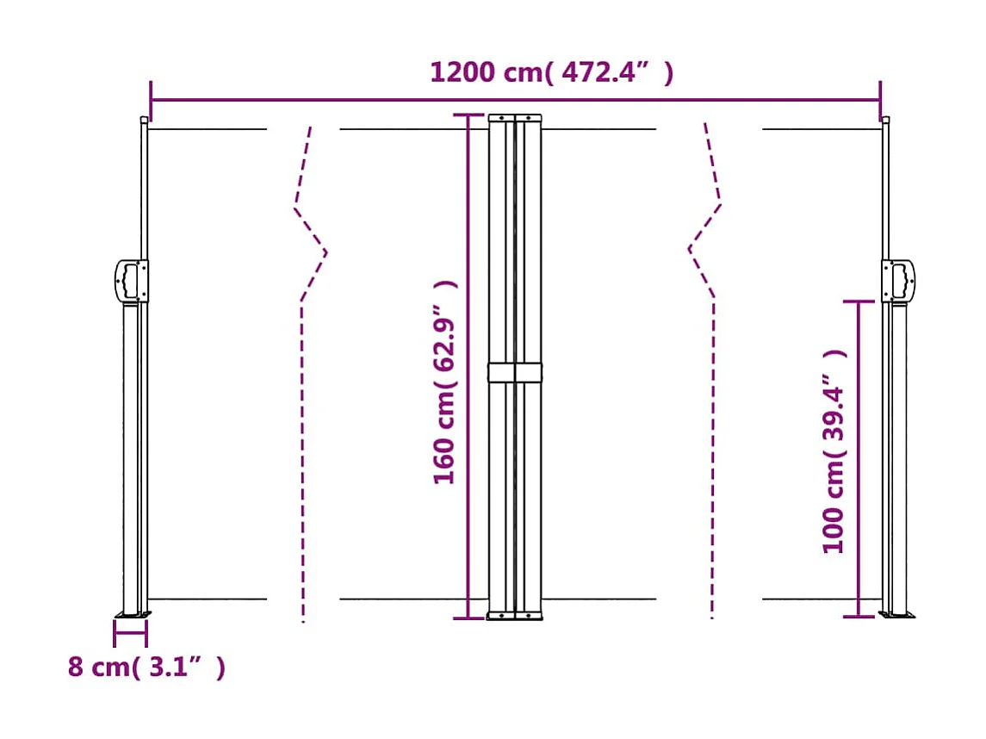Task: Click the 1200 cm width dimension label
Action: pyautogui.click(x=551, y=72)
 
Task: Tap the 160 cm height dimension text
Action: pyautogui.click(x=445, y=382)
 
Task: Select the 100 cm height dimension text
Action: pyautogui.click(x=834, y=450)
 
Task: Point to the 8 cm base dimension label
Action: pyautogui.click(x=146, y=667)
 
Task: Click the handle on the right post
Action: pyautogui.click(x=899, y=281)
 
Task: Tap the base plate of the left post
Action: pyautogui.click(x=133, y=615)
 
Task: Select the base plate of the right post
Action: pyautogui.click(x=897, y=615)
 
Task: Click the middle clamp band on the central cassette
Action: pyautogui.click(x=515, y=372)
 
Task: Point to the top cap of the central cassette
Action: pyautogui.click(x=515, y=118)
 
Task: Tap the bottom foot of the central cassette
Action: pyautogui.click(x=515, y=615)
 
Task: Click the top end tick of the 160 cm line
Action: pyautogui.click(x=468, y=115)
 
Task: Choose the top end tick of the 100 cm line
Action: pyautogui.click(x=859, y=301)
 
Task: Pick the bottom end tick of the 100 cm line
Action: pyautogui.click(x=859, y=617)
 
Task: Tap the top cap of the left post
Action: pyautogui.click(x=144, y=120)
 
